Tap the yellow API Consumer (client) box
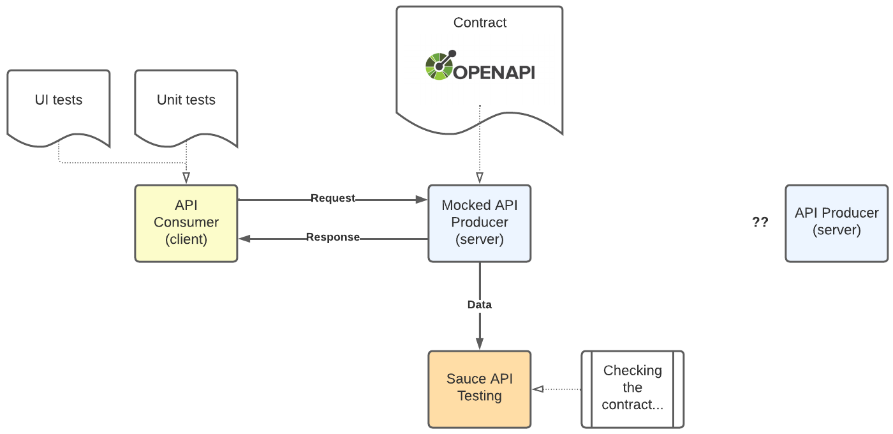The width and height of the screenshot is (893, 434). (186, 223)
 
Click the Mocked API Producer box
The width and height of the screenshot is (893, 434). (480, 223)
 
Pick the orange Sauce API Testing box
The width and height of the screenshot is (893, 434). (480, 388)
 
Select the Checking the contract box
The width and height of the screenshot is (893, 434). (632, 388)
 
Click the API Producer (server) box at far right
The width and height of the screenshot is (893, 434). (836, 223)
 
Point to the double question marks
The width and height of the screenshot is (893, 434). (760, 223)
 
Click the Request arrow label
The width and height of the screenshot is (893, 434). (332, 198)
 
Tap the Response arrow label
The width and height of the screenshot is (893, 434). (332, 237)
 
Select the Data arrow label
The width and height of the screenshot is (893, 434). (480, 305)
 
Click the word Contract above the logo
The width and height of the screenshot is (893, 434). (480, 23)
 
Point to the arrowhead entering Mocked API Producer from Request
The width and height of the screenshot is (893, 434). (422, 200)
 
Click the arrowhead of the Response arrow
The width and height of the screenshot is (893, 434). (244, 239)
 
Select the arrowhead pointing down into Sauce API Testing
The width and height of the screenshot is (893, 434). (480, 344)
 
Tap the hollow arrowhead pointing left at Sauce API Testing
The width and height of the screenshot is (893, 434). (538, 389)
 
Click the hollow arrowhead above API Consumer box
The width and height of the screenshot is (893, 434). (186, 177)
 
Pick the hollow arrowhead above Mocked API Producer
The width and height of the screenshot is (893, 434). (480, 177)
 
